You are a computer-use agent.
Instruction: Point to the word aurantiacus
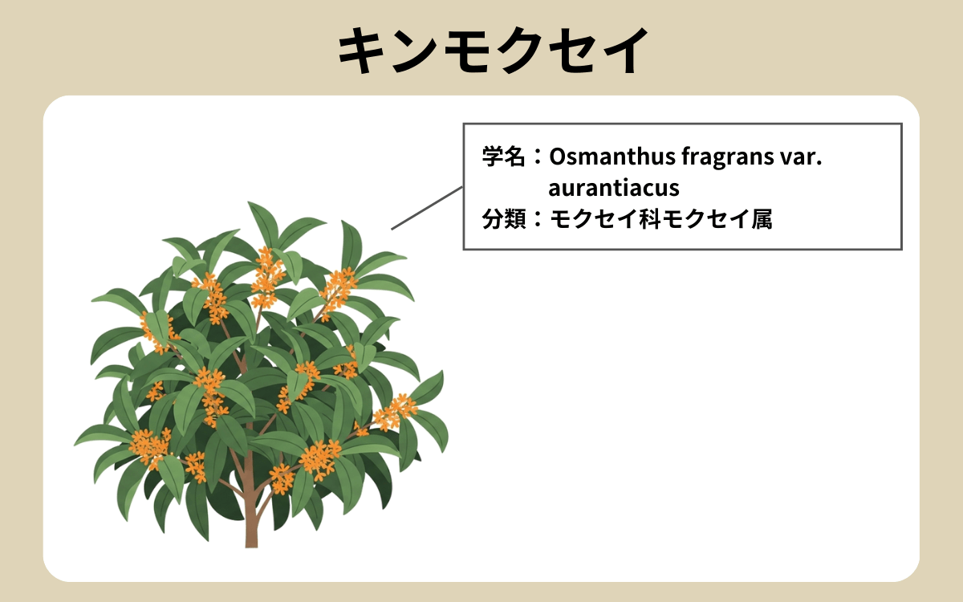[614, 188]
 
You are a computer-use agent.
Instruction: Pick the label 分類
[502, 218]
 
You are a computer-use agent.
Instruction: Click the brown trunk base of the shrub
[251, 534]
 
